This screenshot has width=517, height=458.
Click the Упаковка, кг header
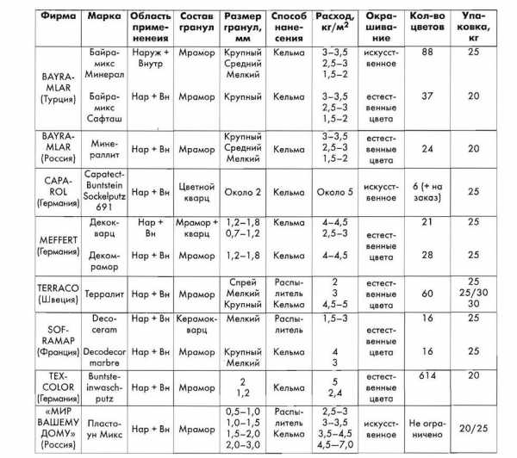click(474, 27)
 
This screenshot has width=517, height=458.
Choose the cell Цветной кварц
click(197, 191)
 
